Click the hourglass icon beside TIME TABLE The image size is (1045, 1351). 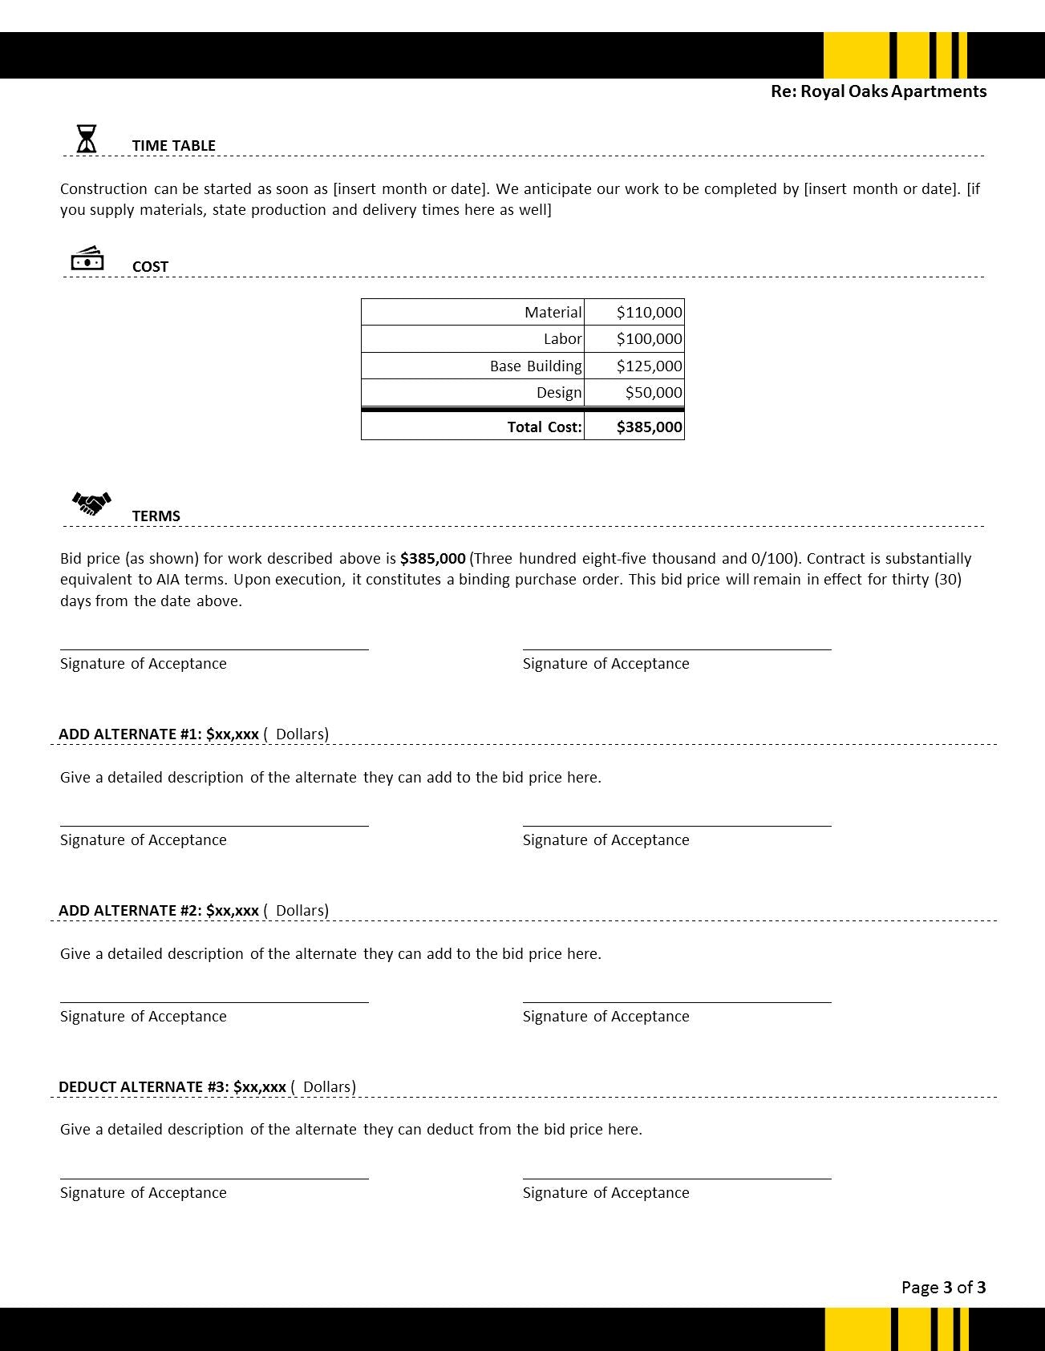point(87,139)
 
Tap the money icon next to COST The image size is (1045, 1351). point(87,259)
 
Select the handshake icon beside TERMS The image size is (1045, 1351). point(91,504)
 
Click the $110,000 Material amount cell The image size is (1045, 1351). point(649,313)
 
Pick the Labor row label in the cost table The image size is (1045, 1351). point(562,339)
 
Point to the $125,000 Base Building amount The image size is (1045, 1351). point(649,366)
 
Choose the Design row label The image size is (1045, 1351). point(558,393)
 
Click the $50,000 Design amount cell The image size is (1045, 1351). point(653,393)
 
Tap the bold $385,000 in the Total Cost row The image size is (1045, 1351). point(649,427)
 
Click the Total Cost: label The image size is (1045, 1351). point(544,427)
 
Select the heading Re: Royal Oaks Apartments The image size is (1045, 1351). point(878,91)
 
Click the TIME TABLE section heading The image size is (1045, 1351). point(173,146)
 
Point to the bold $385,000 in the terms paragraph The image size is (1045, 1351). point(432,559)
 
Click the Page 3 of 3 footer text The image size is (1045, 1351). point(943,1288)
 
